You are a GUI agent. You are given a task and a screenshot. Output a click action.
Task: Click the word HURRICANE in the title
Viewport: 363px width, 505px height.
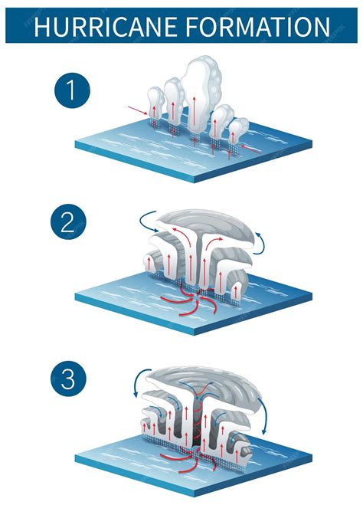coord(106,26)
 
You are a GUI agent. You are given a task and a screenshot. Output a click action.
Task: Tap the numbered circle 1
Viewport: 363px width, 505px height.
coord(73,90)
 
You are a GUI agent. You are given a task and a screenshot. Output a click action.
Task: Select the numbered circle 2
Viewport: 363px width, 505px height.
coord(69,222)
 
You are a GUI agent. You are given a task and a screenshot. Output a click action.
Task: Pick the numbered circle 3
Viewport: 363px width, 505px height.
coord(69,379)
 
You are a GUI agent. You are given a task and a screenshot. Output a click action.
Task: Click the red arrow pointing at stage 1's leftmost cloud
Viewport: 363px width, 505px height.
coord(138,110)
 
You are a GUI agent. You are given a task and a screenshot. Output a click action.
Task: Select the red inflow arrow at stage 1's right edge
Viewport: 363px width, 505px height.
coord(250,149)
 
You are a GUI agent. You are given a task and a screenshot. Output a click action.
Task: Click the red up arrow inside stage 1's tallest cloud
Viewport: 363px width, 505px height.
coord(195,113)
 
